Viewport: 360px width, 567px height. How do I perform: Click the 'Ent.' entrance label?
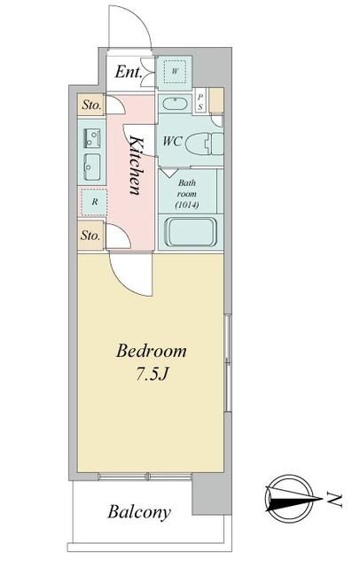click(130, 73)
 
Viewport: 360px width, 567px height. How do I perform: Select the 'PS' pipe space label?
click(201, 100)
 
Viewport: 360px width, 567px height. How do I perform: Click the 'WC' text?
click(174, 141)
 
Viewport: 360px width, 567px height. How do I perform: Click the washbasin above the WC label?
click(176, 103)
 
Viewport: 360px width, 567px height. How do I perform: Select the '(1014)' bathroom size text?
click(187, 206)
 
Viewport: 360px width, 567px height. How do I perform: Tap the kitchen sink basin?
click(92, 164)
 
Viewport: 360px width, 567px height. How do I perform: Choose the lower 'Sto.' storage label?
click(90, 236)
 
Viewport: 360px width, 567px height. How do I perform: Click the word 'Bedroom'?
click(152, 352)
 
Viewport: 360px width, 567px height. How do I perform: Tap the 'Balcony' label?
click(139, 511)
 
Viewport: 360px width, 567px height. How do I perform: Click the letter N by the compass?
click(334, 501)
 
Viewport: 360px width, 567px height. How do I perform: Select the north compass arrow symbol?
click(290, 501)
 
